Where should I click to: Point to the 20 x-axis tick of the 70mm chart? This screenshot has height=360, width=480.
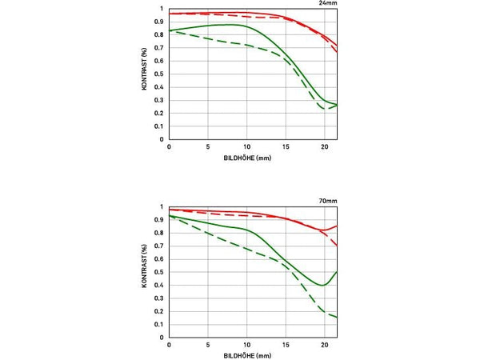pyautogui.click(x=324, y=345)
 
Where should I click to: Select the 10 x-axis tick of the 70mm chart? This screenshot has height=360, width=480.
pyautogui.click(x=246, y=345)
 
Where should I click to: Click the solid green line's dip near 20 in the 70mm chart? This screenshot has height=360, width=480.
pyautogui.click(x=322, y=285)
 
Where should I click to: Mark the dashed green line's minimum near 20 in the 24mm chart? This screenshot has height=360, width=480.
pyautogui.click(x=326, y=109)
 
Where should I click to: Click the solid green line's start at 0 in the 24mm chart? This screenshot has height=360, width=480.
pyautogui.click(x=170, y=30)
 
